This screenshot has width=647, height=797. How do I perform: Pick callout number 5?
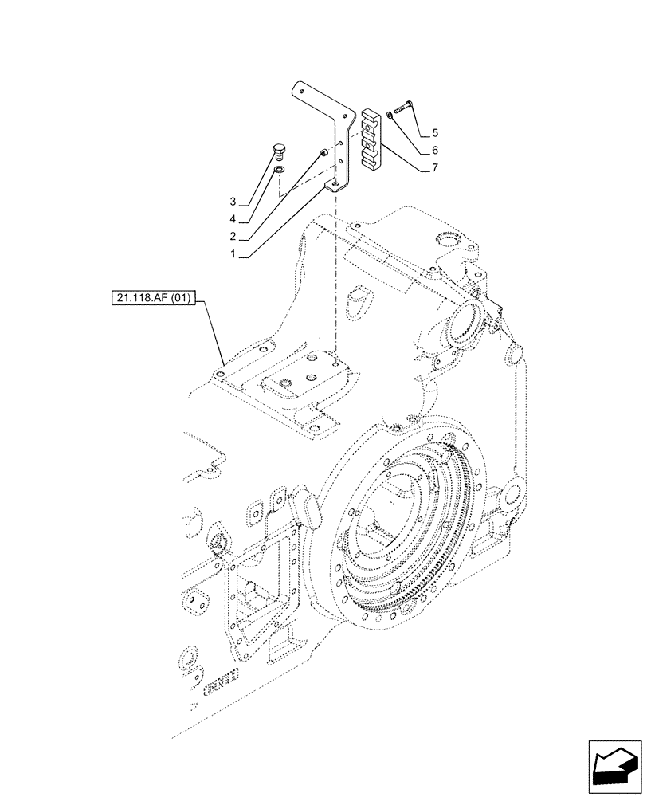(x=435, y=132)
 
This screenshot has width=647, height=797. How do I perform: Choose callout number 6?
(x=435, y=150)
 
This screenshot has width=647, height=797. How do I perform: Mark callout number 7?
(x=435, y=168)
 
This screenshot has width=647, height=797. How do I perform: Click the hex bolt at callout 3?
(x=279, y=151)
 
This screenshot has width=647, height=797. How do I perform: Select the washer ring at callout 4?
(x=279, y=170)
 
